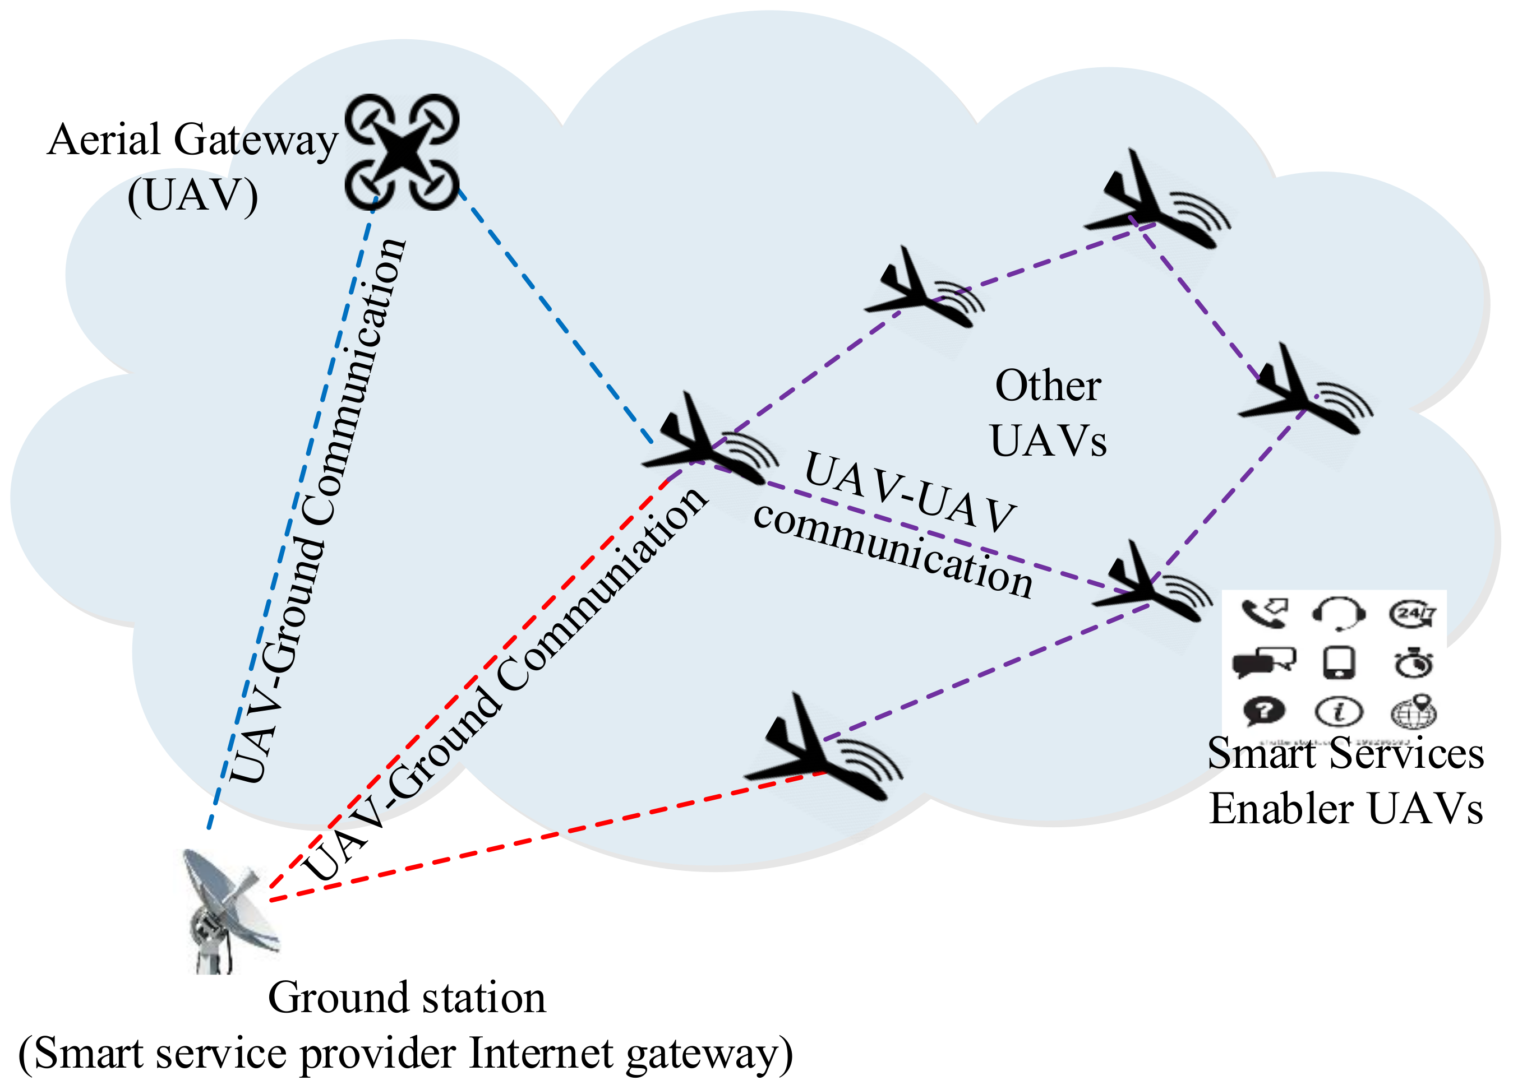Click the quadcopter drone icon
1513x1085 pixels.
pos(402,152)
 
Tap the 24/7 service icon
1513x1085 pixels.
pos(1411,614)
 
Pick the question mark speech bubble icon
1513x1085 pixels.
pos(1263,710)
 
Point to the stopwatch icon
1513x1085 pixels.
pos(1413,663)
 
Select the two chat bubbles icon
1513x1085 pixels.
pos(1263,663)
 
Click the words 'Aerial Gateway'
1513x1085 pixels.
pos(193,140)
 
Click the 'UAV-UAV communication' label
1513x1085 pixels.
pos(901,527)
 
